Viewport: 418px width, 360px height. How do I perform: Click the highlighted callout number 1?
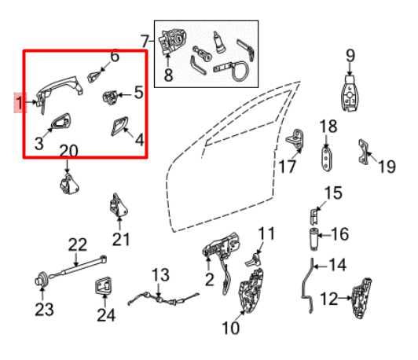click(x=18, y=102)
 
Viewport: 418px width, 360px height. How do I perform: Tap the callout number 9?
click(x=350, y=55)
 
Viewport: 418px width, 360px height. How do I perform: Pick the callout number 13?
click(x=160, y=274)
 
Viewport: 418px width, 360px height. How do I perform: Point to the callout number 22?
click(x=76, y=245)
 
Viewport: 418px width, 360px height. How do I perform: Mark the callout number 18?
click(x=328, y=126)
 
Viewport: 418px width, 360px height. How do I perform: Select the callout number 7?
click(x=145, y=40)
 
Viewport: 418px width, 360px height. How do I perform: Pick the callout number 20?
click(x=68, y=150)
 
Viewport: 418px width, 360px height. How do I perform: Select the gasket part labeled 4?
click(x=119, y=128)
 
